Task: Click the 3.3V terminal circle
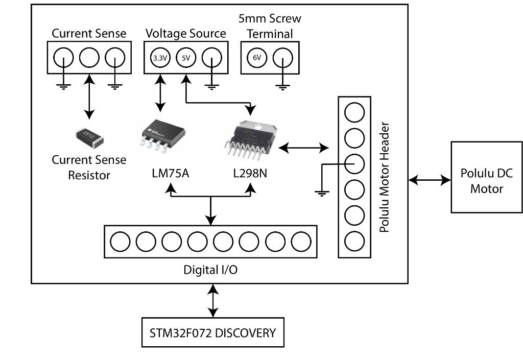point(159,58)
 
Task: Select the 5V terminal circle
point(185,58)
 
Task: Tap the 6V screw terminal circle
point(256,58)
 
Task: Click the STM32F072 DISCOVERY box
point(212,333)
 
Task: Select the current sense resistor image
point(89,136)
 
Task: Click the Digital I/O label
point(210,270)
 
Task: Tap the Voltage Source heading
point(185,33)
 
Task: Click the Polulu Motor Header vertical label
point(385,177)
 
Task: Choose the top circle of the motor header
point(355,112)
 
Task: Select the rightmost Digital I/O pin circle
point(301,241)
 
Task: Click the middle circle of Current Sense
point(89,58)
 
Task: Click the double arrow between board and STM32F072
point(212,301)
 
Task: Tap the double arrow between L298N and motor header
point(304,148)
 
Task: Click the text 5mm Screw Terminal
point(270,26)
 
